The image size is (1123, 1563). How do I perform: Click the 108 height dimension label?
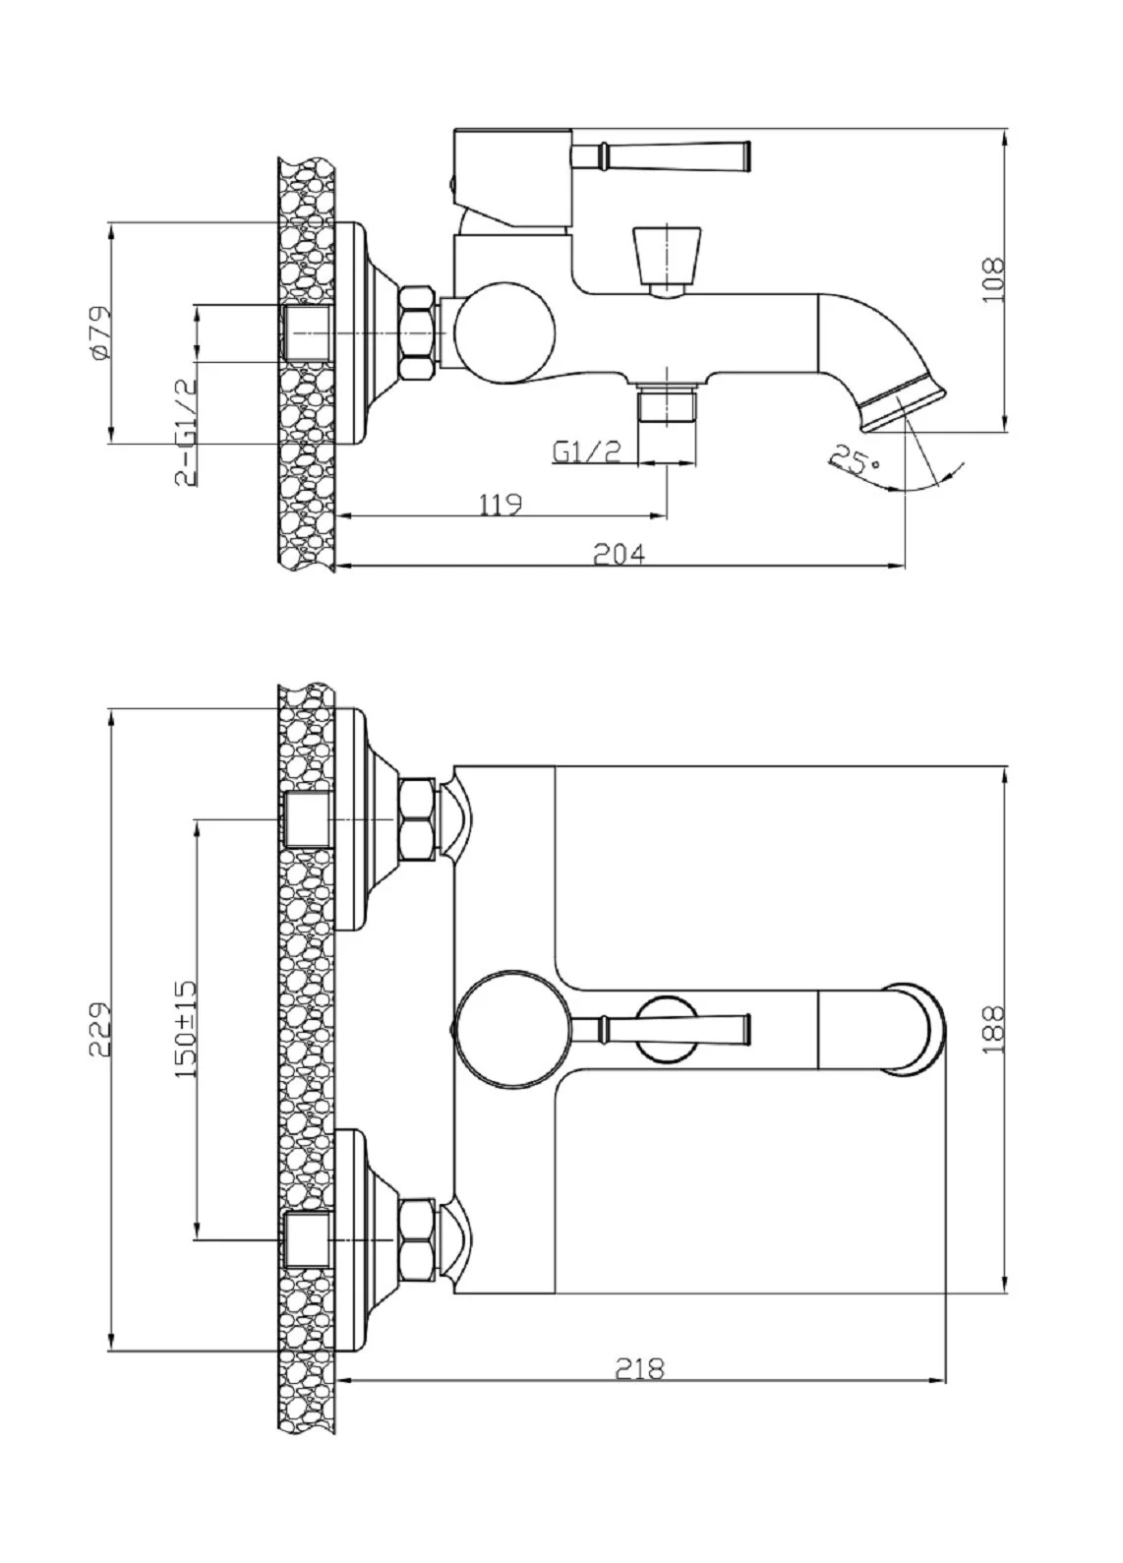click(992, 279)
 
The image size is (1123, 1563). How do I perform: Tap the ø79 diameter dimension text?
click(99, 332)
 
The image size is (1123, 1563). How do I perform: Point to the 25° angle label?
click(856, 460)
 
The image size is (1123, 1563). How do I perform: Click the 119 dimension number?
click(501, 504)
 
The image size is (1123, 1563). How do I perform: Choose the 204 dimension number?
click(620, 554)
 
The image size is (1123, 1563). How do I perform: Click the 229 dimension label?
click(99, 1030)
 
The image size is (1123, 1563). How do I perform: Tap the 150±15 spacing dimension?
click(186, 1030)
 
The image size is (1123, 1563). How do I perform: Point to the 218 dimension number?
click(639, 1369)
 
